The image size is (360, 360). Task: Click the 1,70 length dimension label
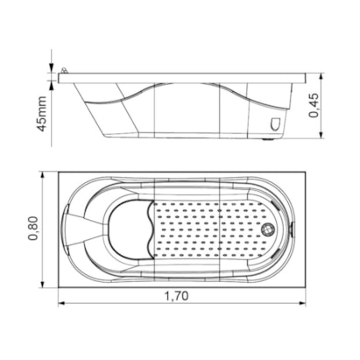tap(177, 296)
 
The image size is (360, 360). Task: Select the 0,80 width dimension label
tap(33, 228)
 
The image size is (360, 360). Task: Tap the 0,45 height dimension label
tap(314, 105)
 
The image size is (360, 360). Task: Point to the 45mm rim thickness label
tap(41, 114)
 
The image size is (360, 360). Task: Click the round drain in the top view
tap(267, 229)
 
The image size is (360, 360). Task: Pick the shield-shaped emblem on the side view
tap(275, 124)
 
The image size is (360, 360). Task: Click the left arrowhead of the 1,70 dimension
tap(61, 303)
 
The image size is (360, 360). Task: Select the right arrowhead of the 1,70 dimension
tap(303, 303)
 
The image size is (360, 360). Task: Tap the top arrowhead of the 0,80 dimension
tap(43, 174)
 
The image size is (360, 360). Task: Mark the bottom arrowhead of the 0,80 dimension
tap(43, 285)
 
